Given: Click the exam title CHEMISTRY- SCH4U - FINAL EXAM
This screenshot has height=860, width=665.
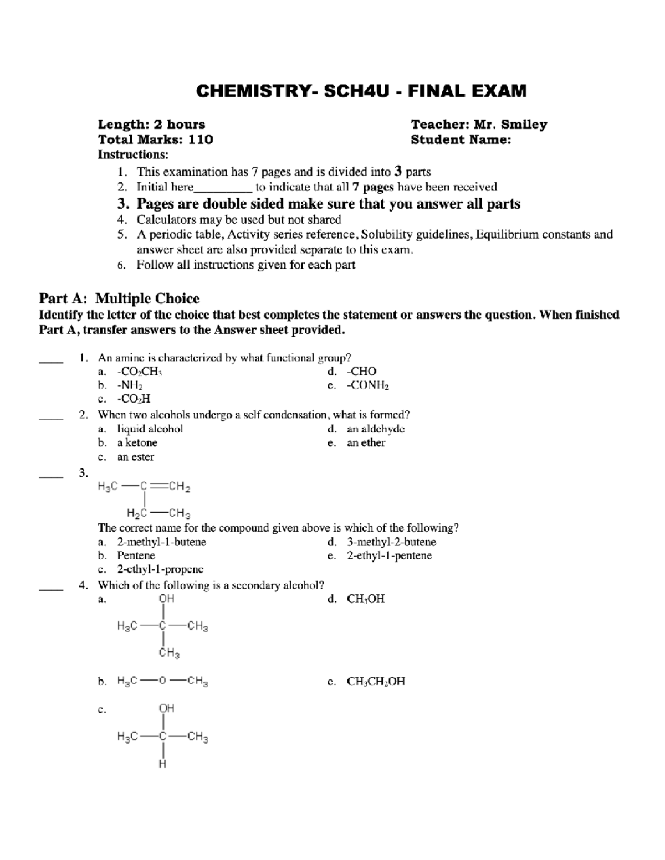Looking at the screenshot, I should (361, 91).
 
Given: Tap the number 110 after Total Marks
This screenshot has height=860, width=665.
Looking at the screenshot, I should (201, 140).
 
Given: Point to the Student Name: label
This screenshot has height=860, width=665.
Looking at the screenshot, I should (461, 140).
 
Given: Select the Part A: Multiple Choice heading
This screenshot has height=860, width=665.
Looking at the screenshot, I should (119, 299).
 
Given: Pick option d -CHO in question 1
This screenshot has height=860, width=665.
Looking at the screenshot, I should (361, 372).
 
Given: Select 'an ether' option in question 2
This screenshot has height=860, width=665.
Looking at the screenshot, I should (366, 443).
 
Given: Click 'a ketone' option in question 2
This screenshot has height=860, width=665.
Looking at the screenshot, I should (137, 443).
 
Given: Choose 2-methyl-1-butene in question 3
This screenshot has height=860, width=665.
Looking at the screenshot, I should (161, 542).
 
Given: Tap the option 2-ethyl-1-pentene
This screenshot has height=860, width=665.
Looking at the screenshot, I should (389, 556).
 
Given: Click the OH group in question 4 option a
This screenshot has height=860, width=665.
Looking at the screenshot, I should (166, 599).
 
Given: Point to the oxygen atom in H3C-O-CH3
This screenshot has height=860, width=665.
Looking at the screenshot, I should (162, 681).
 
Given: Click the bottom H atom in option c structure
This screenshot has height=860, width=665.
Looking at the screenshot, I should (162, 764).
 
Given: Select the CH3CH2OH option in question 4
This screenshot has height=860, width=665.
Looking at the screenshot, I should (376, 681).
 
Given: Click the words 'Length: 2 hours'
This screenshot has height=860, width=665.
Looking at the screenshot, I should (151, 125).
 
